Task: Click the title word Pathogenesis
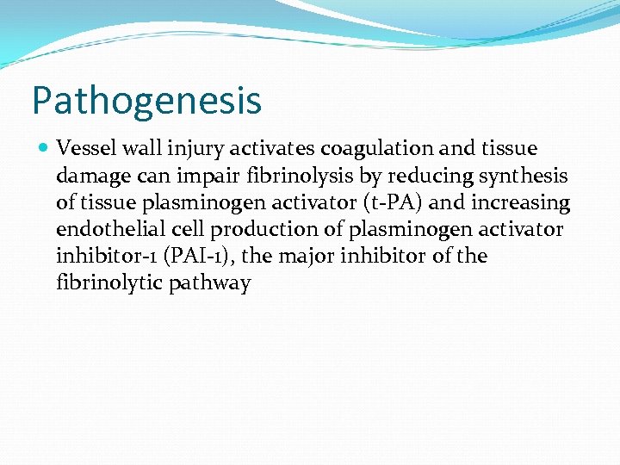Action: [146, 100]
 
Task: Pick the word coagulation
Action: [378, 148]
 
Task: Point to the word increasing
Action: [520, 202]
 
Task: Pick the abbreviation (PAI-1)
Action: [195, 256]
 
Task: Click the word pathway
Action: [214, 283]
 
